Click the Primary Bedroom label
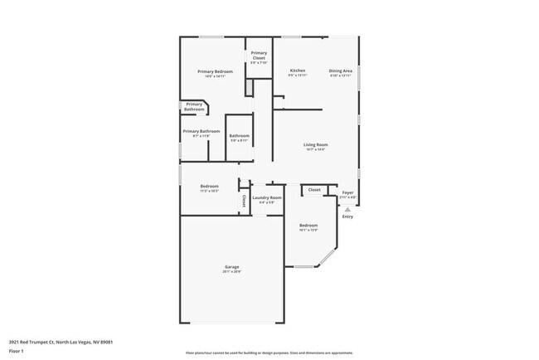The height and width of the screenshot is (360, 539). click(215, 71)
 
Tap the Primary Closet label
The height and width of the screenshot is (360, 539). click(260, 56)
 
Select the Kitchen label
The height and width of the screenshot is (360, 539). click(297, 71)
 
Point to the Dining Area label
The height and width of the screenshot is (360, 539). click(341, 71)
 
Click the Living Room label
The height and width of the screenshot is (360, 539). click(314, 144)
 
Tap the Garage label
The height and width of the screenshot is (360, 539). click(231, 267)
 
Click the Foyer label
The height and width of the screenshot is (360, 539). click(347, 192)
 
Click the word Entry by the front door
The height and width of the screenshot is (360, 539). click(347, 217)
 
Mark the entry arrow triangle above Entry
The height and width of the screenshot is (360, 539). click(347, 210)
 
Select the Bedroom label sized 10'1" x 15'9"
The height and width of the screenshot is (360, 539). click(308, 226)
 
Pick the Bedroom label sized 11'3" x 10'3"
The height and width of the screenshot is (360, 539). click(209, 186)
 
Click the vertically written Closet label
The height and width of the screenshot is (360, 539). click(244, 200)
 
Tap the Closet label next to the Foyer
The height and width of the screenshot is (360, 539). click(314, 190)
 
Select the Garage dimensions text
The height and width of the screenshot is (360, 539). click(231, 272)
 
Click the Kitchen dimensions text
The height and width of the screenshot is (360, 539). click(297, 75)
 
